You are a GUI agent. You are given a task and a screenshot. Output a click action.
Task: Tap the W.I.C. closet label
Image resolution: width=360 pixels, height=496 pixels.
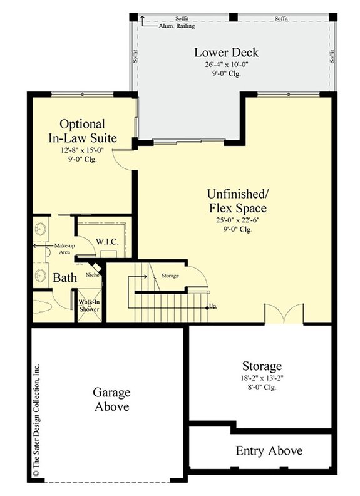pos(108,242)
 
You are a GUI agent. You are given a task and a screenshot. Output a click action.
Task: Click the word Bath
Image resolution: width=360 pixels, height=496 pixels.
pos(64,277)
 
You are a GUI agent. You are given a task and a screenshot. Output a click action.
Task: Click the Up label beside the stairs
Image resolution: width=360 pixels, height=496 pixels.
pos(213,306)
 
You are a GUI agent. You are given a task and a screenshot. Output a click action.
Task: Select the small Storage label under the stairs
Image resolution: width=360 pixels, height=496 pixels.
pos(169,276)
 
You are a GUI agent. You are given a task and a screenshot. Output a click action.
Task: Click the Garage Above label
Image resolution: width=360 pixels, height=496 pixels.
pos(111,400)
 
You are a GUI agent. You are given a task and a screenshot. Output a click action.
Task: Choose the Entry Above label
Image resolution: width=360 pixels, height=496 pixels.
pos(269,451)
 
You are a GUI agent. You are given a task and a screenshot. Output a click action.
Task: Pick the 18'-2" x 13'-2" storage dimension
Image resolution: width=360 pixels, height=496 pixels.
pos(262,379)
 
